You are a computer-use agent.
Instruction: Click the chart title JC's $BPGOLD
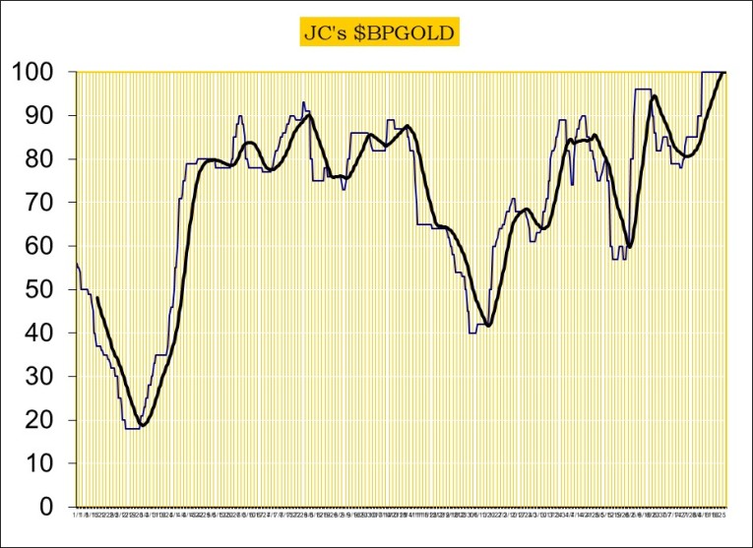tap(377, 33)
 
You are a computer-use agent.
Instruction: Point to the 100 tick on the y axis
tap(37, 72)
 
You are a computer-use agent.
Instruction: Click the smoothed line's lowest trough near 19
tap(144, 425)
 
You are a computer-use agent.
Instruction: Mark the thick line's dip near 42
tap(488, 326)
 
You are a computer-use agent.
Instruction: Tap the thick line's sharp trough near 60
tap(630, 246)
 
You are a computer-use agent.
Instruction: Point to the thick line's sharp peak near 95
tap(654, 95)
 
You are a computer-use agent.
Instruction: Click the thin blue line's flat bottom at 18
tap(132, 429)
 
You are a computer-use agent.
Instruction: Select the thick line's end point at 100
tap(724, 72)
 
